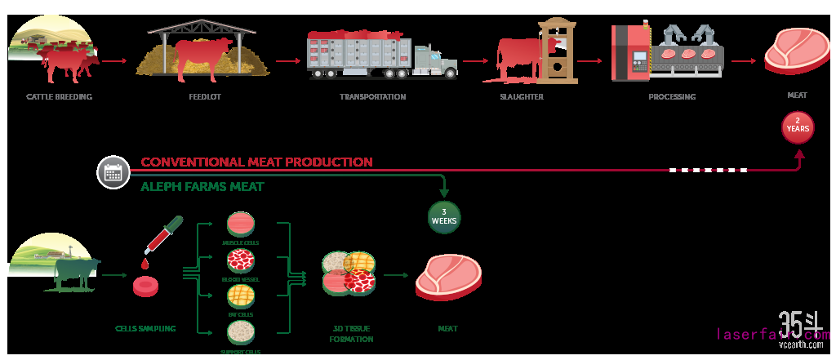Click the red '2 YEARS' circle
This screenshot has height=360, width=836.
coord(798,128)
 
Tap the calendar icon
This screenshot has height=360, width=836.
coord(113,172)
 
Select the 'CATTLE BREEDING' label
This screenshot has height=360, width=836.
coord(59,96)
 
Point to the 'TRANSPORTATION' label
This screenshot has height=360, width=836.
coord(372,96)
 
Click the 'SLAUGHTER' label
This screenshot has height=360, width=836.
coord(522,96)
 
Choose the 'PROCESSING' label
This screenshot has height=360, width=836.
coord(672,96)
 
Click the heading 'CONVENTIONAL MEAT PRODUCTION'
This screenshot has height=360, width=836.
coord(256,162)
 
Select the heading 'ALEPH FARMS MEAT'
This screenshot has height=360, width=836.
coord(202,187)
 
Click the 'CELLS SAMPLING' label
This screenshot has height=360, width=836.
coord(145,329)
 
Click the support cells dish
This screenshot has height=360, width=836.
coord(240,332)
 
